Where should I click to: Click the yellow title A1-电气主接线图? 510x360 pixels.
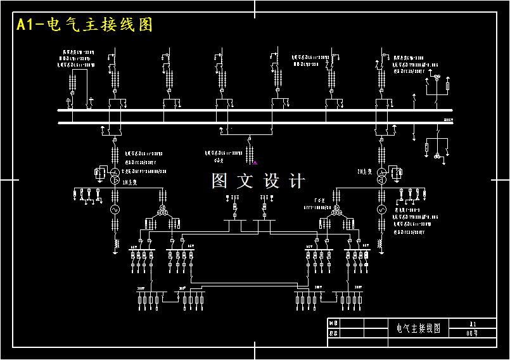click(84, 25)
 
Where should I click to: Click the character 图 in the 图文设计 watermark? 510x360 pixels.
click(219, 181)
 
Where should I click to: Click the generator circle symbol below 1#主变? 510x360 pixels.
click(115, 209)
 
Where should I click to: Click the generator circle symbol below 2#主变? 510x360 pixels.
click(381, 209)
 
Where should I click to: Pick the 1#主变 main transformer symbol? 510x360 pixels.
click(115, 176)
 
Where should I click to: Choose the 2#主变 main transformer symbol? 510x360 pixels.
click(381, 175)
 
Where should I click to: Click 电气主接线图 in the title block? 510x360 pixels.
click(418, 328)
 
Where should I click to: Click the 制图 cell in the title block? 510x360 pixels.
click(334, 323)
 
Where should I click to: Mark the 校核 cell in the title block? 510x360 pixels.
click(334, 333)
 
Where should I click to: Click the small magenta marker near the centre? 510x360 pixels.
click(255, 162)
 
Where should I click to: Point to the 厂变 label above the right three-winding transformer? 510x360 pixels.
click(319, 200)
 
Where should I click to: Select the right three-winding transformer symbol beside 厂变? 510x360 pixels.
click(336, 210)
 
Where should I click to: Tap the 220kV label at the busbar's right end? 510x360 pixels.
click(448, 119)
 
